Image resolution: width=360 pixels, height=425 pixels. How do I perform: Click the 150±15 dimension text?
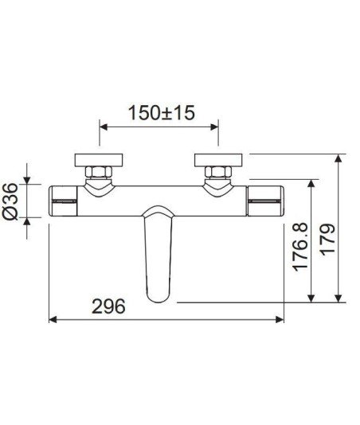coord(162,113)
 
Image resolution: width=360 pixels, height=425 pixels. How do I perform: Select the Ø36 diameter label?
coord(10,201)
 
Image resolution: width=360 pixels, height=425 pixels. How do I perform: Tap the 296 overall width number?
coord(108,306)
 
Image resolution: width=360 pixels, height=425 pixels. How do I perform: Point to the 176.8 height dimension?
coord(300,247)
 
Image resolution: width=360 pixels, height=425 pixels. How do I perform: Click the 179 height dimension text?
coord(327,240)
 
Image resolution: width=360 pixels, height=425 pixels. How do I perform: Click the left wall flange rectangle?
coord(99,160)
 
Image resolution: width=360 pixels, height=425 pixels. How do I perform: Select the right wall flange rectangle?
coord(218,160)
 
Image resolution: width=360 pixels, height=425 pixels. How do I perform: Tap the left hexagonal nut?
coord(99,173)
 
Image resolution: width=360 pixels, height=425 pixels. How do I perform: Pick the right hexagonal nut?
coord(218,173)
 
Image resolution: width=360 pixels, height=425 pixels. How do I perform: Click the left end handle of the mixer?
coord(63,201)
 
